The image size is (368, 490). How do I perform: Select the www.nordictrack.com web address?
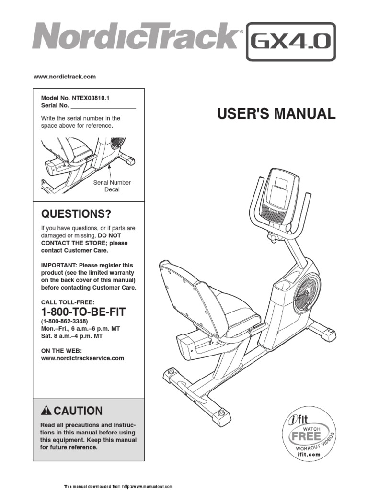(64, 77)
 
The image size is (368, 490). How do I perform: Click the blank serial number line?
(103, 105)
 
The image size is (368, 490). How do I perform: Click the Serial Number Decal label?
(112, 186)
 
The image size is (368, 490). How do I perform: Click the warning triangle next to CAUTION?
(46, 411)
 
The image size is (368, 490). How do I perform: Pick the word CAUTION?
(78, 411)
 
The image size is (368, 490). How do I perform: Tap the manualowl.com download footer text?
(118, 486)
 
